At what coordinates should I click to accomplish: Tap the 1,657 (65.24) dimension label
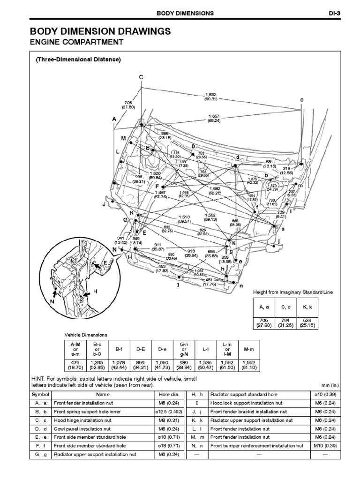click(x=214, y=118)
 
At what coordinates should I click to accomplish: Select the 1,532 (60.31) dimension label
click(x=210, y=97)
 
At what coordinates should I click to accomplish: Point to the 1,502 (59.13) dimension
click(x=210, y=217)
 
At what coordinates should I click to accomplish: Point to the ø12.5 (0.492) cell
click(x=172, y=412)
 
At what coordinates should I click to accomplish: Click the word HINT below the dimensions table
click(x=37, y=378)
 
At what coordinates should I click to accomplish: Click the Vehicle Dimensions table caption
click(x=86, y=335)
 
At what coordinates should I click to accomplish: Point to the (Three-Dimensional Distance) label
click(x=78, y=60)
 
